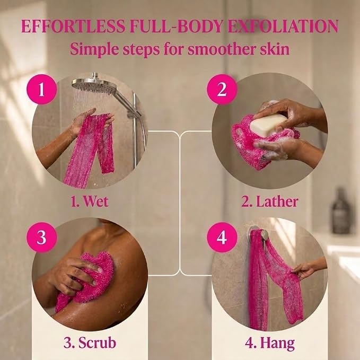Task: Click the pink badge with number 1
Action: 41,89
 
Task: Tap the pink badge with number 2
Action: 222,89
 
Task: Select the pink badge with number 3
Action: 41,237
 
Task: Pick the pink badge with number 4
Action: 222,237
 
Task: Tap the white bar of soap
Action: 268,125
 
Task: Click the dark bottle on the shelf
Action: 341,211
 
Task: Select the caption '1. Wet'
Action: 89,201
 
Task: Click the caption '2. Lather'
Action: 269,201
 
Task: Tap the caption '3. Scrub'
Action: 90,343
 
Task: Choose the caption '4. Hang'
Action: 270,344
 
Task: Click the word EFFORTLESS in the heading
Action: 73,26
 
